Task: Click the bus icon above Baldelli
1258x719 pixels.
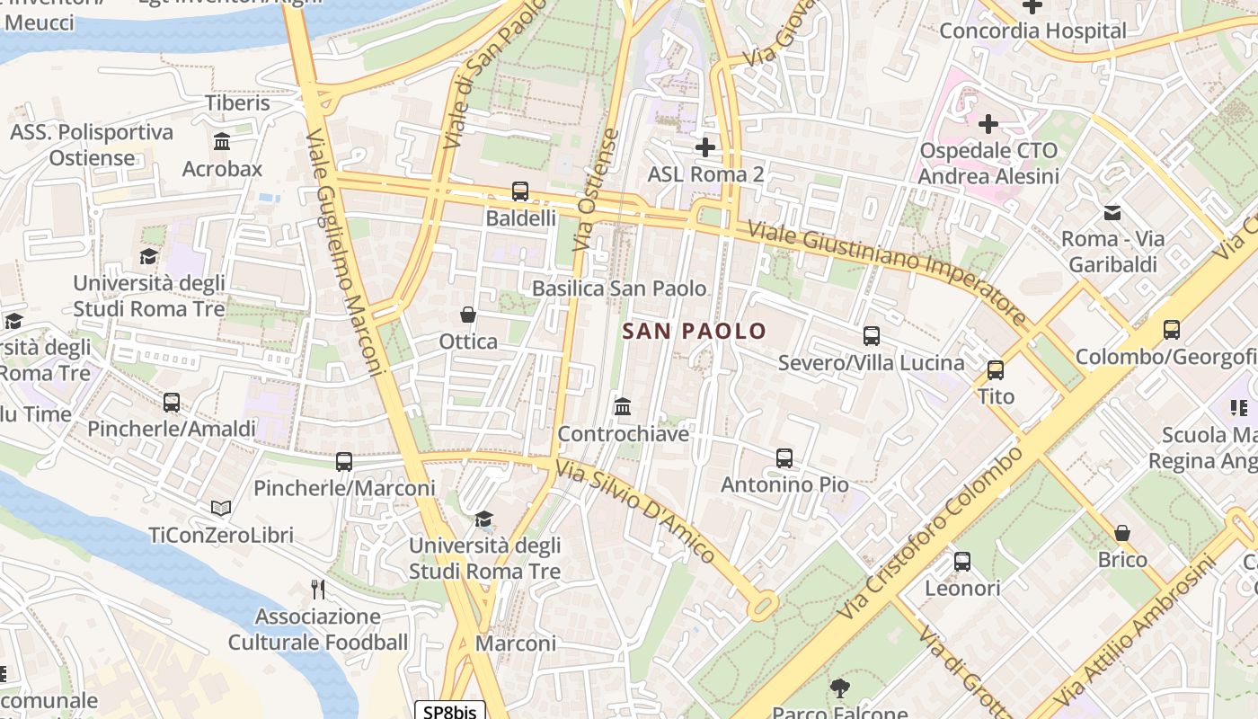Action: [519, 191]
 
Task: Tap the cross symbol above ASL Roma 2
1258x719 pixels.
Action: [705, 146]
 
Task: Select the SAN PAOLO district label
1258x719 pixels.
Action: [695, 331]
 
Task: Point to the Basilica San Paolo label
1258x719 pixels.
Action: [619, 288]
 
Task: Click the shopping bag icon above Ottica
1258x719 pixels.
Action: [467, 315]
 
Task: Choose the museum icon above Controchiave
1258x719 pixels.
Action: [622, 407]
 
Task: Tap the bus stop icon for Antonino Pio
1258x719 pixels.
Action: [784, 458]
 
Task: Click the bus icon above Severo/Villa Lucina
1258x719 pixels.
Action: [871, 336]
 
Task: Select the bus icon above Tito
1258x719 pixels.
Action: [995, 369]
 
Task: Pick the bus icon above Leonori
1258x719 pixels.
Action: [961, 562]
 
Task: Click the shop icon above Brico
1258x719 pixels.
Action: [1121, 533]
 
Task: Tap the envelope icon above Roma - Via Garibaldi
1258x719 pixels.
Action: [1112, 213]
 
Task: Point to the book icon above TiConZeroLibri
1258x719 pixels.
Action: [220, 509]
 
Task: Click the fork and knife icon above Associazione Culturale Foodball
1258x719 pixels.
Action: [317, 590]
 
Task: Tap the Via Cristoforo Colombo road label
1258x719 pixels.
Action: [930, 533]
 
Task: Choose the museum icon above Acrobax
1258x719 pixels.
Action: [222, 142]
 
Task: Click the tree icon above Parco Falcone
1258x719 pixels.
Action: [840, 689]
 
